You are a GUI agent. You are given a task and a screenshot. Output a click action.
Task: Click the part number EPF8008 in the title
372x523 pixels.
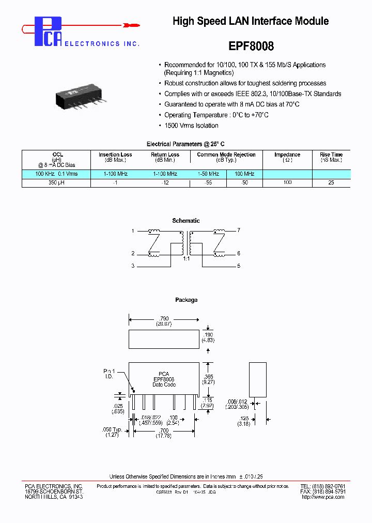click(250, 46)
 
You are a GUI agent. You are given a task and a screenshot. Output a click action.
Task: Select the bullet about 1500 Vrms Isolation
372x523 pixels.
click(191, 126)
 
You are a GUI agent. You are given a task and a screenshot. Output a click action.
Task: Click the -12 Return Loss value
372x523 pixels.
click(165, 183)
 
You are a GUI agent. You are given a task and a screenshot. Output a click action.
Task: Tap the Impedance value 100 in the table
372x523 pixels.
click(287, 183)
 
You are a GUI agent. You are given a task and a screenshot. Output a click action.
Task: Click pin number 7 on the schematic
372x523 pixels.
click(239, 230)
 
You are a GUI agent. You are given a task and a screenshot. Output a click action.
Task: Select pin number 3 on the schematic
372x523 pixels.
click(133, 266)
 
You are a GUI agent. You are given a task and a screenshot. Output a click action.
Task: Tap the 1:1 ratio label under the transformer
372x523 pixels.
click(186, 258)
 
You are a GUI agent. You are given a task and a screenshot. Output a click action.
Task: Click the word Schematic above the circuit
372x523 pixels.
click(186, 221)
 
